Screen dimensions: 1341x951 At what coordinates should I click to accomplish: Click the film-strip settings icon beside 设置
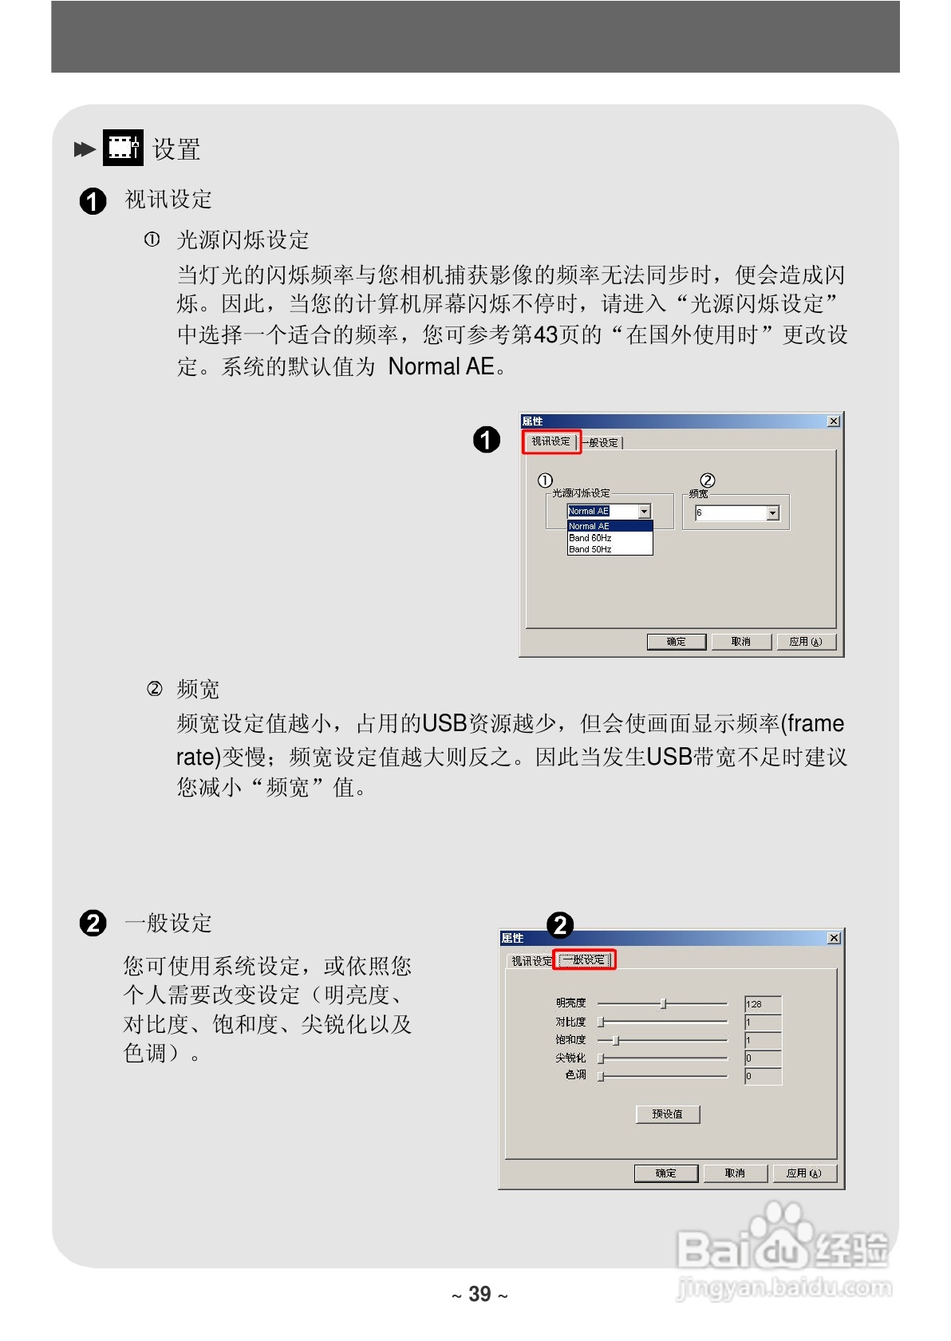point(123,148)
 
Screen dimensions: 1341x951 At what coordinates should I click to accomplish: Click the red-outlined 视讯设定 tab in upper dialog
point(551,441)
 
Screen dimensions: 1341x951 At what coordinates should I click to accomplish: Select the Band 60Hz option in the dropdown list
point(590,538)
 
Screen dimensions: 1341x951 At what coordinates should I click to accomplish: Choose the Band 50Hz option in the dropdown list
point(590,549)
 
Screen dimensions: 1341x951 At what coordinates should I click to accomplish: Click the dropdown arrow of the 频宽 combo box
point(772,513)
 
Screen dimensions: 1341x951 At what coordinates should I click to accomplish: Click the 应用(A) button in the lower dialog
point(803,1173)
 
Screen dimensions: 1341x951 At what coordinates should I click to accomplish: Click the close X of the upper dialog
point(834,421)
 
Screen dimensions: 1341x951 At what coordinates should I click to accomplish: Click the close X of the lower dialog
point(834,938)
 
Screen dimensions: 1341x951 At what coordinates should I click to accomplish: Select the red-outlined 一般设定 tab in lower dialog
point(584,959)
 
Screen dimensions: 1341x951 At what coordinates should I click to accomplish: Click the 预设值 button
point(668,1114)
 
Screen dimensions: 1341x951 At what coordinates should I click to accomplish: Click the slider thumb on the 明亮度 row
point(663,1003)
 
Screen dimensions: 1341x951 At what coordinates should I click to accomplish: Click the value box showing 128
point(762,1004)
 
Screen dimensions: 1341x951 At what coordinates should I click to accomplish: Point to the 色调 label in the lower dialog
point(575,1074)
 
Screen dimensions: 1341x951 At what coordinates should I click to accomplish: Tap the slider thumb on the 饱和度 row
point(615,1040)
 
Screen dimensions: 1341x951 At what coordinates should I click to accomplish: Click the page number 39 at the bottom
point(479,1294)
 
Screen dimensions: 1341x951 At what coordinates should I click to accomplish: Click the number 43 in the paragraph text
point(545,334)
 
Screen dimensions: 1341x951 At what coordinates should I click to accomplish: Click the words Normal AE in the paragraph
point(440,366)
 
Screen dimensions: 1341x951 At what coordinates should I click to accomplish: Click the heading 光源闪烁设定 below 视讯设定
point(243,239)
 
